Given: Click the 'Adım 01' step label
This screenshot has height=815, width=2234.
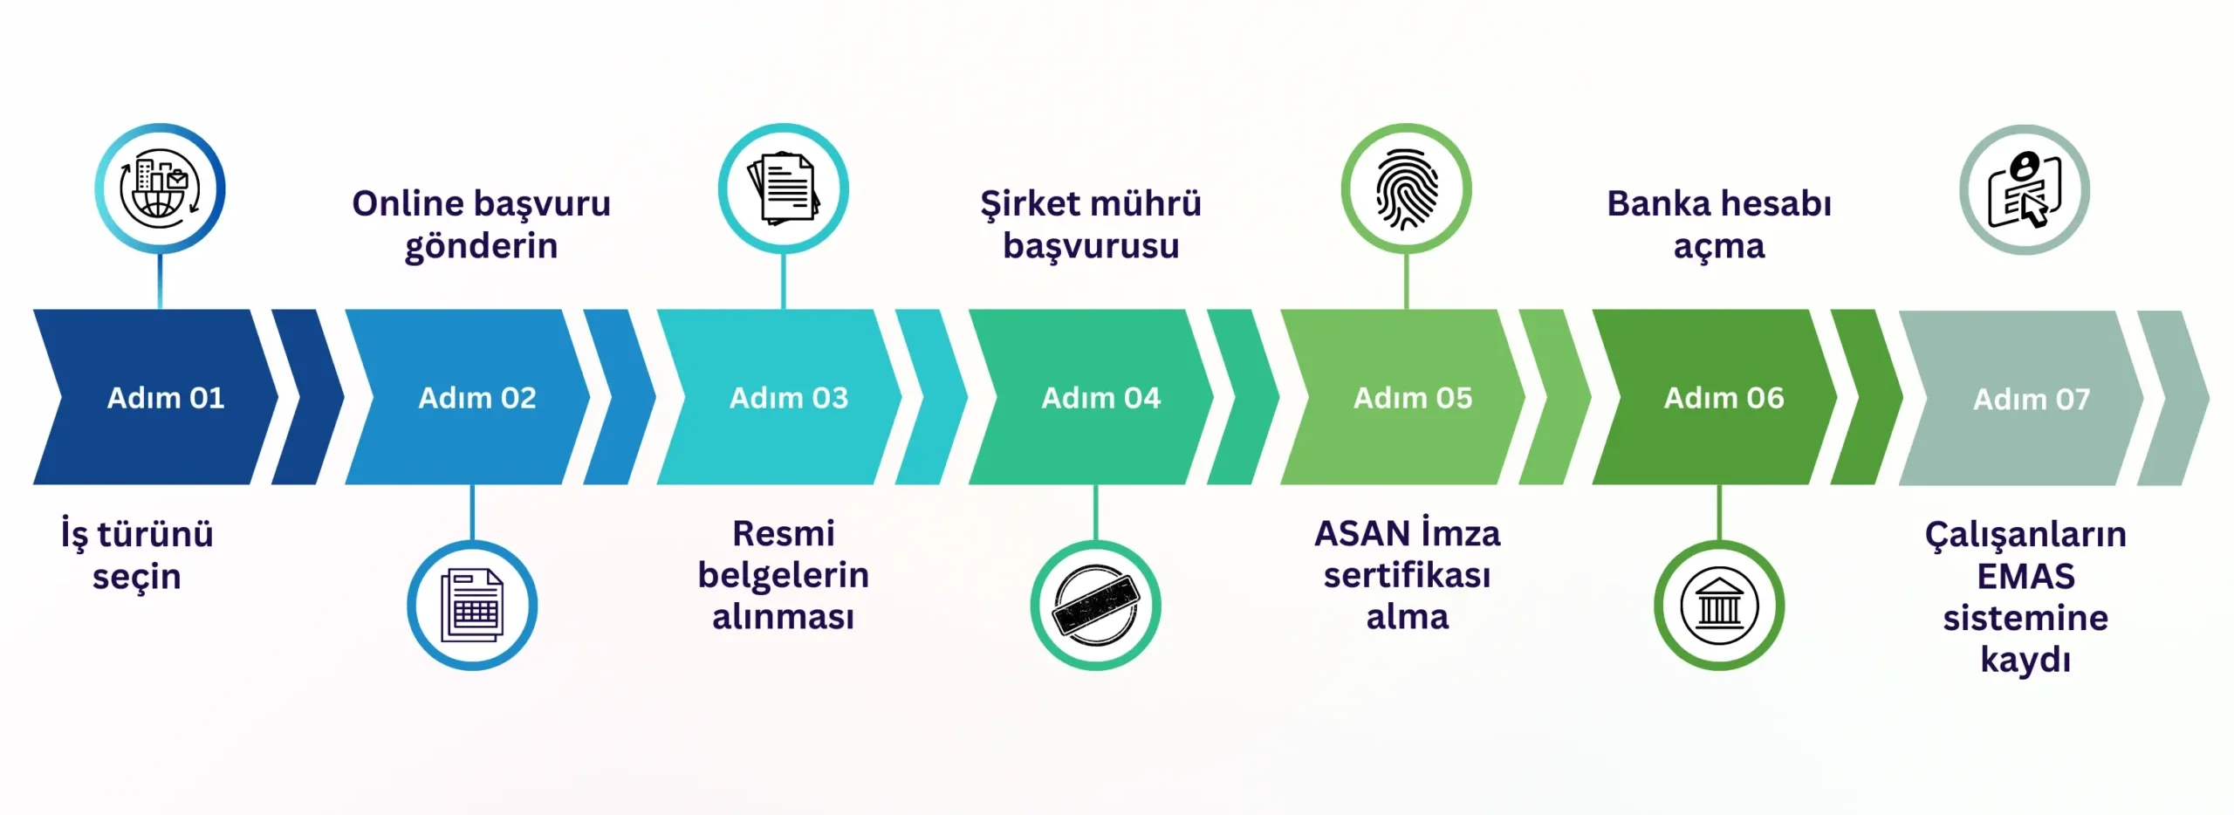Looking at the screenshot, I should point(166,398).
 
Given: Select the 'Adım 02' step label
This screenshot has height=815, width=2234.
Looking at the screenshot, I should point(477,398).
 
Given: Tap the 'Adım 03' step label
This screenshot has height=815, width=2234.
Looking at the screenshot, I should point(789,398).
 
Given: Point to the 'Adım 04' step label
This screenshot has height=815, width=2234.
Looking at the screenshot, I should point(1101,398).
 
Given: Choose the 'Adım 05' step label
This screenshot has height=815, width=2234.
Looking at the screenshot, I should point(1413,398).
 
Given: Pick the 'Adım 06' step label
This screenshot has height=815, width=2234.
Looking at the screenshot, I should point(1724,398).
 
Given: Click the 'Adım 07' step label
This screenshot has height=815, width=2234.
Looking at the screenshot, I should point(2032,400).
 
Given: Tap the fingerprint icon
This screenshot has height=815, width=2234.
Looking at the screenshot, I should point(1406,189).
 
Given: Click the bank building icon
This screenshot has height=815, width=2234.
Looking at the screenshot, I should point(1719,606).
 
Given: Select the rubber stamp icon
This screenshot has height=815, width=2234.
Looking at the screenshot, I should point(1095,606).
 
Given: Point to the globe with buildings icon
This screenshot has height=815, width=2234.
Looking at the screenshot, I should point(160,188).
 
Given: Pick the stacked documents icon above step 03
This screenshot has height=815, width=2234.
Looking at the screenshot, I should point(783,188).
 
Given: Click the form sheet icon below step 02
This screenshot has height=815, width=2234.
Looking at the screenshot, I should point(472,606).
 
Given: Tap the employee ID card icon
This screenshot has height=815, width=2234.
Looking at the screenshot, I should point(2025,190).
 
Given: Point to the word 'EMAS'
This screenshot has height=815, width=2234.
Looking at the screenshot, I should point(2025,577).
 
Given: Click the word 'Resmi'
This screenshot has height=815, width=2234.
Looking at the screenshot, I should point(784,533).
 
